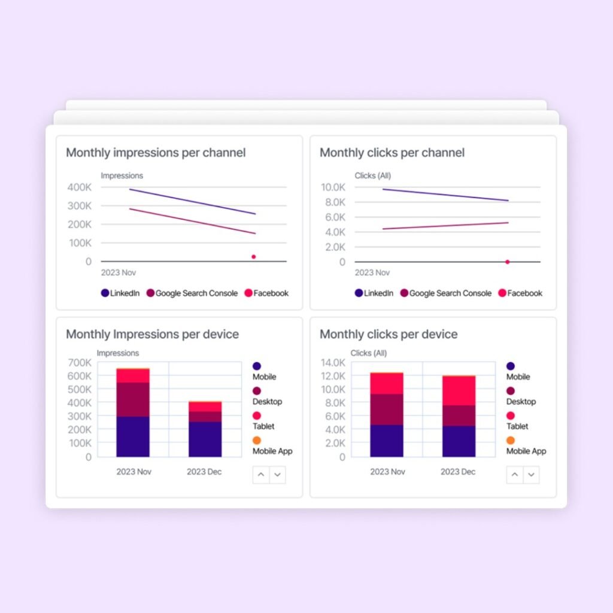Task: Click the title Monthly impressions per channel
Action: tap(156, 153)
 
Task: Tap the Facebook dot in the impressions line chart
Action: tap(253, 257)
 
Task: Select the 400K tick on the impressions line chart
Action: tap(80, 187)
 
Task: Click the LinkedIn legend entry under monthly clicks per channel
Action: tap(374, 293)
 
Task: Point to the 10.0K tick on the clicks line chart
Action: tap(333, 187)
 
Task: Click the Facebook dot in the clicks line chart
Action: tap(507, 262)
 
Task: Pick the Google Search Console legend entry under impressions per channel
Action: tap(192, 293)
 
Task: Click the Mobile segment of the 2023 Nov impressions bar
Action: tap(133, 437)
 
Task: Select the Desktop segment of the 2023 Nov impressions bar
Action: tap(133, 399)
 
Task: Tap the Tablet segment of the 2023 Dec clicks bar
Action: tap(459, 390)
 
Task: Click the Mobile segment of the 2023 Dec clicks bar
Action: tap(459, 441)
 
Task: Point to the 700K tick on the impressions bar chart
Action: tap(80, 363)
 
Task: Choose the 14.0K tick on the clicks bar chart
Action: tap(333, 363)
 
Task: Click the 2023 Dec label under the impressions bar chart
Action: tap(204, 472)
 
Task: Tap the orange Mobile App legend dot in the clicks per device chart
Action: tap(510, 441)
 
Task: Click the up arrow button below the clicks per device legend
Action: tap(515, 475)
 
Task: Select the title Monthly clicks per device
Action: tap(389, 334)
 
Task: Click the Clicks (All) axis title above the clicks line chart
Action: tap(372, 176)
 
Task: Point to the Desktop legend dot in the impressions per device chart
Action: tap(257, 391)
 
